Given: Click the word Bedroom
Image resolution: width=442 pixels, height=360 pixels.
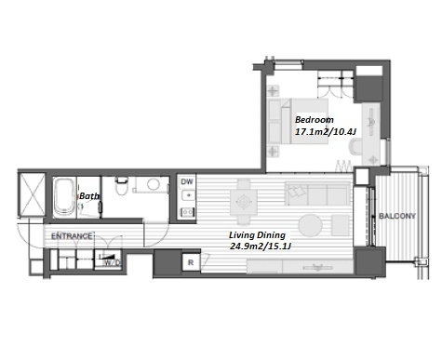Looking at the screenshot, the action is (x=315, y=120).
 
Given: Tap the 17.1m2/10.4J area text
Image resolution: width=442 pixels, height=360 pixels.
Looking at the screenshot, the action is (x=326, y=132).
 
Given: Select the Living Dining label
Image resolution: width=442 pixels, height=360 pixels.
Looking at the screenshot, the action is (x=257, y=235).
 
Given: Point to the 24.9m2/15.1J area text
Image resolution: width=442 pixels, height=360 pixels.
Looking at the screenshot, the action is (x=261, y=247).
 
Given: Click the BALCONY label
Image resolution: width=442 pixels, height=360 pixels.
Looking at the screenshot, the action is (x=397, y=216).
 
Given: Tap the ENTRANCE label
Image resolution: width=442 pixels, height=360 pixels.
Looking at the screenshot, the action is (x=72, y=236).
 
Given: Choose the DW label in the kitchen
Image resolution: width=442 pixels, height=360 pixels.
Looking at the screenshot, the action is (x=187, y=181).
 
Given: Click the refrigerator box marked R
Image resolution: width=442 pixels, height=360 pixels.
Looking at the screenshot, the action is (x=191, y=262).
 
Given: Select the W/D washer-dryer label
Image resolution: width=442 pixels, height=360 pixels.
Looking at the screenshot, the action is (x=112, y=263).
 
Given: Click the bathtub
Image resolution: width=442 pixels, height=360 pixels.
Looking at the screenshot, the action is (x=64, y=197).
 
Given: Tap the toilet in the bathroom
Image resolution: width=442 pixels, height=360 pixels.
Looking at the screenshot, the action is (x=121, y=185).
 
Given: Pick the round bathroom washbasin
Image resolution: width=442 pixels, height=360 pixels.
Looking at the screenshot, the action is (x=154, y=184).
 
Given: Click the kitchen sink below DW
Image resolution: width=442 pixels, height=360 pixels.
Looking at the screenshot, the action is (x=188, y=195).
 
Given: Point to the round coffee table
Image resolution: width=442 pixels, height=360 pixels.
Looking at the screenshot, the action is (x=310, y=225).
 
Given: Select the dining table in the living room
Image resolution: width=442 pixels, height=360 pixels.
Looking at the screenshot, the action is (x=244, y=203).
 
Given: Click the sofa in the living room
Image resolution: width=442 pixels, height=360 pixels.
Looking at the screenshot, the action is (x=317, y=194).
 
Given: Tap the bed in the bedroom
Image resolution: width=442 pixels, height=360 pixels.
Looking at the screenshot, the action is (x=298, y=121).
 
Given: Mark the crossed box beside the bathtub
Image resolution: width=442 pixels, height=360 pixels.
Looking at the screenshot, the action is (x=32, y=194).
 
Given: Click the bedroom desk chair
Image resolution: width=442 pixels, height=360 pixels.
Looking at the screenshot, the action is (x=355, y=146).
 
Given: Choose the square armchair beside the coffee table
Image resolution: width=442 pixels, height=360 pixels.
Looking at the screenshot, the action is (x=341, y=225).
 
